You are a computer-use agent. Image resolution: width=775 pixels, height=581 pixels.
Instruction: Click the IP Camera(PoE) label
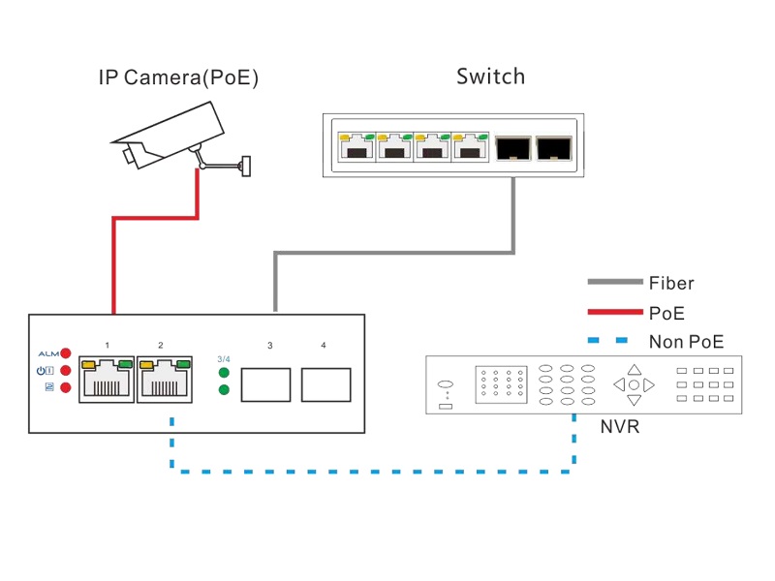click(x=178, y=78)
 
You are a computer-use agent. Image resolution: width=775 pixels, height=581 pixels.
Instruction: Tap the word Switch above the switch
click(x=490, y=76)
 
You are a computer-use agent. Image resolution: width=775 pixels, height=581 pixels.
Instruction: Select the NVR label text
click(x=620, y=426)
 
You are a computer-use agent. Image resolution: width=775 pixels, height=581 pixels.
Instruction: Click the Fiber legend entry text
click(x=671, y=284)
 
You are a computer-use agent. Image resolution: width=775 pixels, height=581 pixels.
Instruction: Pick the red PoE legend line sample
click(x=615, y=312)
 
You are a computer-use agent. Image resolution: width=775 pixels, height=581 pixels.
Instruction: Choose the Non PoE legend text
click(x=686, y=341)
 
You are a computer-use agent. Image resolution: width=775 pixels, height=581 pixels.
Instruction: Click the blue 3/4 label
click(x=224, y=359)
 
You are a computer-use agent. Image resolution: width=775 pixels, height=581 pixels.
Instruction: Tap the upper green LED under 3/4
click(x=224, y=373)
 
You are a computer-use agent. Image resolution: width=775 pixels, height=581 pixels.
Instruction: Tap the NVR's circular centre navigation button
click(x=634, y=384)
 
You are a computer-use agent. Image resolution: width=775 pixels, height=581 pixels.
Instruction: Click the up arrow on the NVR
click(x=634, y=369)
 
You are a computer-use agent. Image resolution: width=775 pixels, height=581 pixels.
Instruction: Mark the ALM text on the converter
click(x=47, y=353)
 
